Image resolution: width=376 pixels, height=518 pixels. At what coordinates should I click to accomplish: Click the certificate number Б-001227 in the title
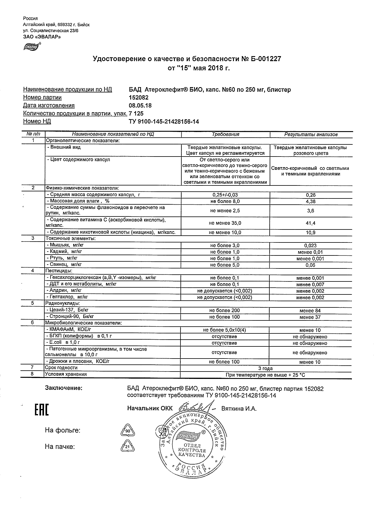[266, 59]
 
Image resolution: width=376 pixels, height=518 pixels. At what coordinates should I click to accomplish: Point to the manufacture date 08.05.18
[140, 105]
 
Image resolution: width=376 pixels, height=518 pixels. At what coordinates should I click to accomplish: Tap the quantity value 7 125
[136, 113]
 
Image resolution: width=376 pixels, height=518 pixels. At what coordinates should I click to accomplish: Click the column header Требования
[225, 134]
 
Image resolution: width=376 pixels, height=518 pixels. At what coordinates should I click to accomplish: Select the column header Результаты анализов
[311, 134]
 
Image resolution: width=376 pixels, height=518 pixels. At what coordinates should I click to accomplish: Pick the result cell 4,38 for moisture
[310, 201]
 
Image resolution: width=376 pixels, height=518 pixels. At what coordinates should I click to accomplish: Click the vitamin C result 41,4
[310, 223]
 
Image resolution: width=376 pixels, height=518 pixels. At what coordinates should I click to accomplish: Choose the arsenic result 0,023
[310, 245]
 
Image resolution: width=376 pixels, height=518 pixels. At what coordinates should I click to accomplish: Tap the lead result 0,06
[310, 265]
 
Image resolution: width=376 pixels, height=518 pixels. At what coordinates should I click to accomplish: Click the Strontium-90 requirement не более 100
[224, 317]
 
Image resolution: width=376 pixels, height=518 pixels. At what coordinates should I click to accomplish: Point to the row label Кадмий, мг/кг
[64, 252]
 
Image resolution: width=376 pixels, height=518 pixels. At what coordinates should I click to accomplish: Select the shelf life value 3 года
[266, 368]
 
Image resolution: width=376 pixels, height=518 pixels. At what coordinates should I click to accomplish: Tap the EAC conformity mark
[42, 409]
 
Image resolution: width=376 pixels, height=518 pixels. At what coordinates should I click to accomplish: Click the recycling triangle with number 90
[128, 431]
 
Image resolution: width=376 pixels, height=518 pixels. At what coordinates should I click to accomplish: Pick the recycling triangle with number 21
[128, 447]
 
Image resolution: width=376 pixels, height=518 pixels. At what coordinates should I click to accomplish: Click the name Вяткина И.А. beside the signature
[239, 409]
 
